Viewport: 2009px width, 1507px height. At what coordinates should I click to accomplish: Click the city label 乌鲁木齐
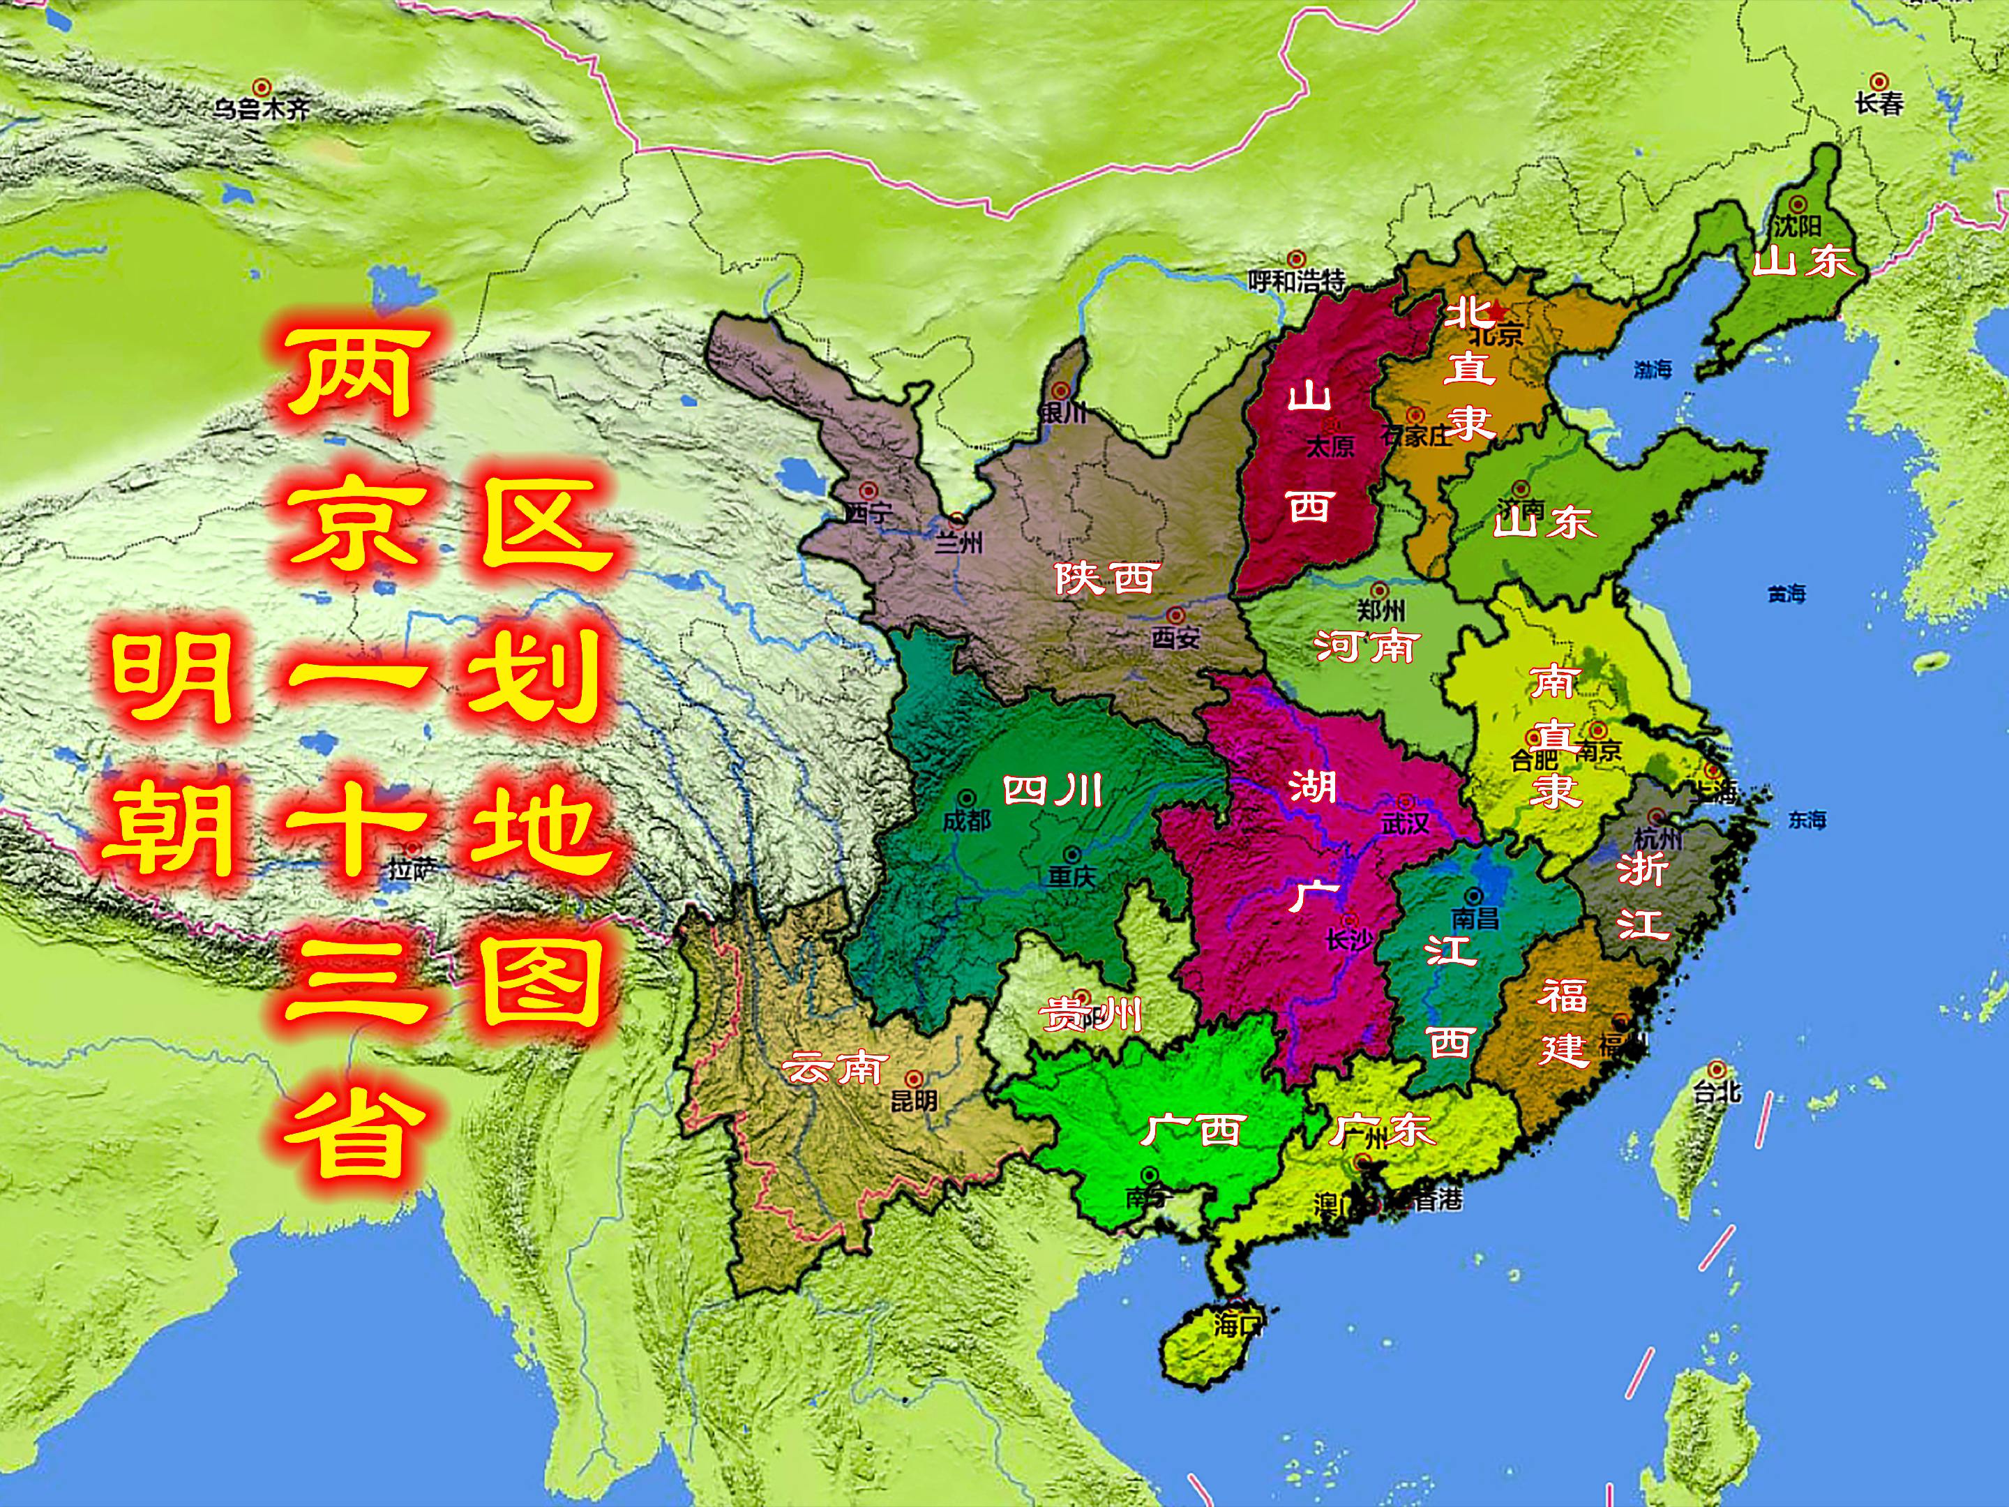[262, 109]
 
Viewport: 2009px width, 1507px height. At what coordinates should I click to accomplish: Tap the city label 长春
[1879, 103]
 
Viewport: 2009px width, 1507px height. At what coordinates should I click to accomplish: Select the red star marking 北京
[1496, 312]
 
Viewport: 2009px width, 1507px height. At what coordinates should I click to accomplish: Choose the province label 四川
[1053, 791]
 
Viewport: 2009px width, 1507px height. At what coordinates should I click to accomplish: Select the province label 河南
[1367, 646]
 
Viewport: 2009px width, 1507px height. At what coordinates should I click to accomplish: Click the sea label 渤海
[1652, 369]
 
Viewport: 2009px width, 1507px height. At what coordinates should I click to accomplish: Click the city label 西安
[1175, 638]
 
